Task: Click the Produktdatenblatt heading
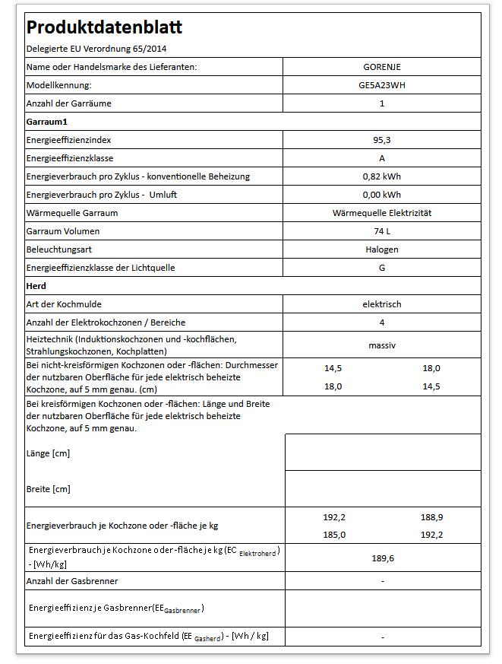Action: [104, 28]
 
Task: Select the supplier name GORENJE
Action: [382, 67]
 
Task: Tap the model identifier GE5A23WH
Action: [382, 85]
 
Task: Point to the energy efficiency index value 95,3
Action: [382, 140]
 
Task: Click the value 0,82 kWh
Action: [382, 176]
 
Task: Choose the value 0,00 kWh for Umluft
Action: [382, 195]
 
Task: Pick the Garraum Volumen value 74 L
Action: [382, 231]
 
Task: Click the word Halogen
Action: [382, 249]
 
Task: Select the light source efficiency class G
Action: [382, 268]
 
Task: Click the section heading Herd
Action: [36, 286]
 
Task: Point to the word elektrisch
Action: [382, 304]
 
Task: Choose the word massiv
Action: [382, 345]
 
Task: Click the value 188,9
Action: [431, 517]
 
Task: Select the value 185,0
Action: [334, 535]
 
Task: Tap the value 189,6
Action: [382, 559]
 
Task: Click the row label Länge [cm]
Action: [49, 453]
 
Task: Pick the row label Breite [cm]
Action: [49, 489]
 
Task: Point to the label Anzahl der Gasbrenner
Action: [72, 581]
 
